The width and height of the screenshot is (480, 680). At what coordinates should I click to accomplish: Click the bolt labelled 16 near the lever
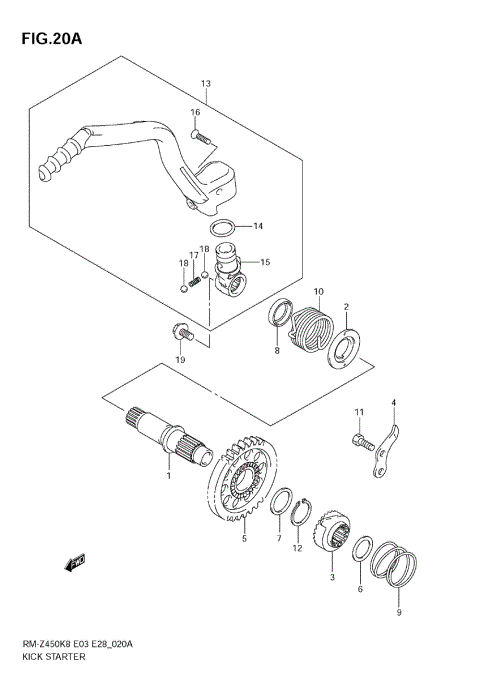point(200,137)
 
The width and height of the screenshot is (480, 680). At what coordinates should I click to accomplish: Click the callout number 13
point(205,84)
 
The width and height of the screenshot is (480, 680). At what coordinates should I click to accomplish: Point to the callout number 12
point(297,547)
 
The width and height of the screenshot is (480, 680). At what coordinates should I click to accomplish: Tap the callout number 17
point(195,256)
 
